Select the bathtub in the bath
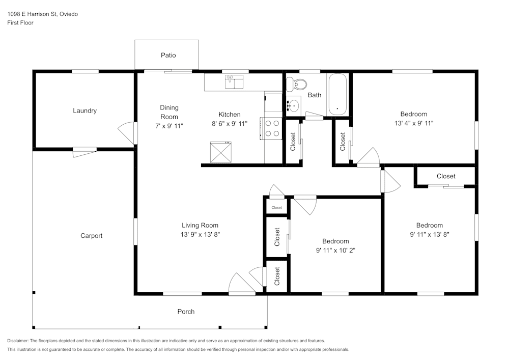[x=337, y=94]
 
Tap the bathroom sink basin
[x=294, y=105]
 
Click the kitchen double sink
[x=234, y=81]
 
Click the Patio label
[x=168, y=55]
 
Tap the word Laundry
[x=84, y=110]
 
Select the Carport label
[x=91, y=236]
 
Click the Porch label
[x=186, y=312]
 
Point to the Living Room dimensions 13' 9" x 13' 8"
[x=200, y=234]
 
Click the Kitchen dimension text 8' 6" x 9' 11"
[x=230, y=123]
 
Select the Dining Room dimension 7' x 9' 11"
[x=169, y=126]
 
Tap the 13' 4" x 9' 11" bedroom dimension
[x=414, y=123]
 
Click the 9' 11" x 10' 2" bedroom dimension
[x=335, y=251]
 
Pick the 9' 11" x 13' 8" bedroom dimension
[x=430, y=234]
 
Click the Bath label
[x=315, y=95]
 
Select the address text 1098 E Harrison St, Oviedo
[x=43, y=14]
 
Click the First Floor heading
[x=20, y=23]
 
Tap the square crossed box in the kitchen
[x=221, y=152]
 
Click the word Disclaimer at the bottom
[x=17, y=341]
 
